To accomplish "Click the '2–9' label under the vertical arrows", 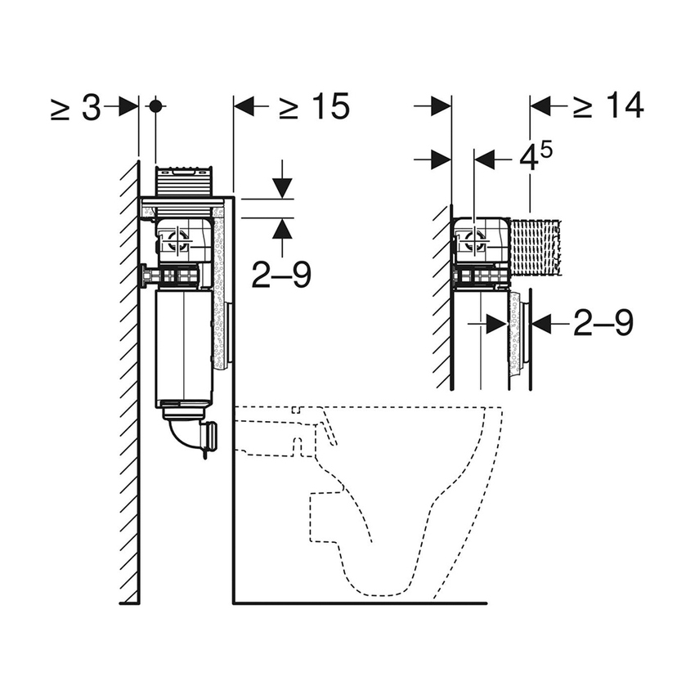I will [x=281, y=276].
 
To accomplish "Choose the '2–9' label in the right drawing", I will [x=603, y=325].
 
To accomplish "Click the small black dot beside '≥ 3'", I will [x=155, y=106].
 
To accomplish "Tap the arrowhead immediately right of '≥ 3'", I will [x=128, y=106].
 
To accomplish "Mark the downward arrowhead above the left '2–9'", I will [x=282, y=188].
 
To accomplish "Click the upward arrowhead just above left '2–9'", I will [x=282, y=228].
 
